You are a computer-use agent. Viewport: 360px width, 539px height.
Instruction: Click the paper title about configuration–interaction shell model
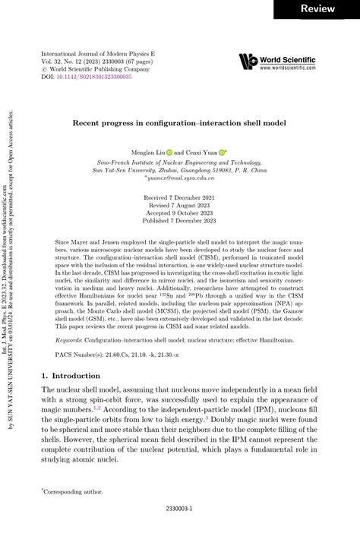pos(179,121)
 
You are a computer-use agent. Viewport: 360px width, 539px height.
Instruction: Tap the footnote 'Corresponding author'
pos(76,492)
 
